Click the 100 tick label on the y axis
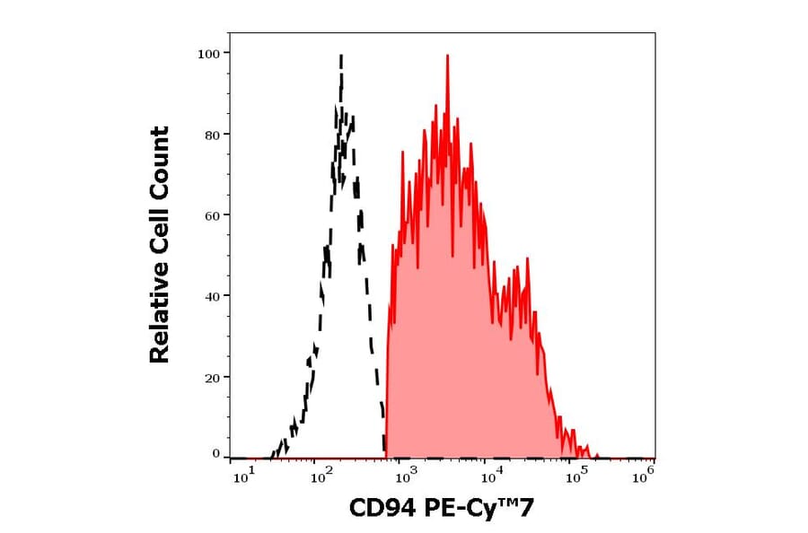click(208, 54)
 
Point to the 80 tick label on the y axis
click(211, 135)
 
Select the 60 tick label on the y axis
click(211, 215)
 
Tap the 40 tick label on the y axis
click(211, 296)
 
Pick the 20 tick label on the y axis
click(211, 377)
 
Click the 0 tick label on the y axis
click(215, 454)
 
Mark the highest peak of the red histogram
click(446, 56)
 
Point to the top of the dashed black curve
click(341, 57)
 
